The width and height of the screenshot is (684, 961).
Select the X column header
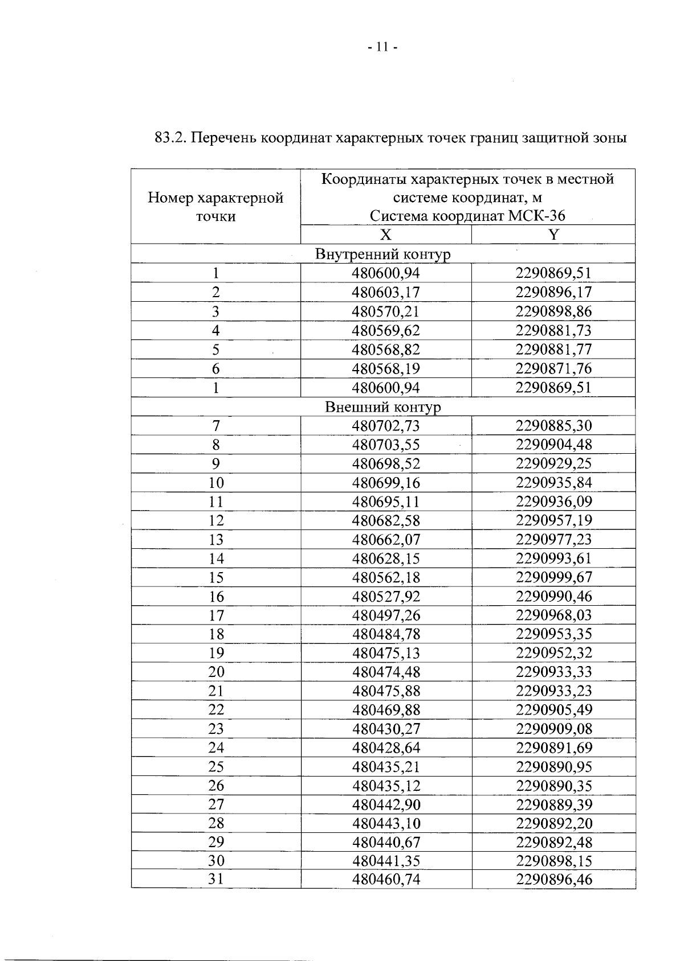coord(386,235)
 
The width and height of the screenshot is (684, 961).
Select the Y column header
coord(553,235)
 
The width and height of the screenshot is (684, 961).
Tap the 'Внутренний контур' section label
coord(382,254)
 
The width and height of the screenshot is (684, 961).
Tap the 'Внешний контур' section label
coord(382,407)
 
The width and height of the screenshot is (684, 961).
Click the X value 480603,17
coord(386,293)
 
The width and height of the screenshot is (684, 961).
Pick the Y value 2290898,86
coord(553,311)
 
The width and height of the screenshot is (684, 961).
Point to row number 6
coord(215,369)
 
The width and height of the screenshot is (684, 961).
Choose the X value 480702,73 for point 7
coord(386,426)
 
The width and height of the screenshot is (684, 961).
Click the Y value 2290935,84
coord(553,483)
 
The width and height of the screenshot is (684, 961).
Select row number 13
coord(215,540)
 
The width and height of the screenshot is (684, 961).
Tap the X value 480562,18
coord(386,578)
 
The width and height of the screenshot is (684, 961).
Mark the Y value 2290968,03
coord(553,615)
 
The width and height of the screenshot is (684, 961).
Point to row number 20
coord(215,672)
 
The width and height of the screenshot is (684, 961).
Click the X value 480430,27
coord(386,729)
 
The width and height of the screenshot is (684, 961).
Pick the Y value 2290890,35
coord(553,786)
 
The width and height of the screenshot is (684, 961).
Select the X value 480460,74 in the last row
coord(386,880)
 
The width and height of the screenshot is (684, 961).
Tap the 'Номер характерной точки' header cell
coord(215,207)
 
